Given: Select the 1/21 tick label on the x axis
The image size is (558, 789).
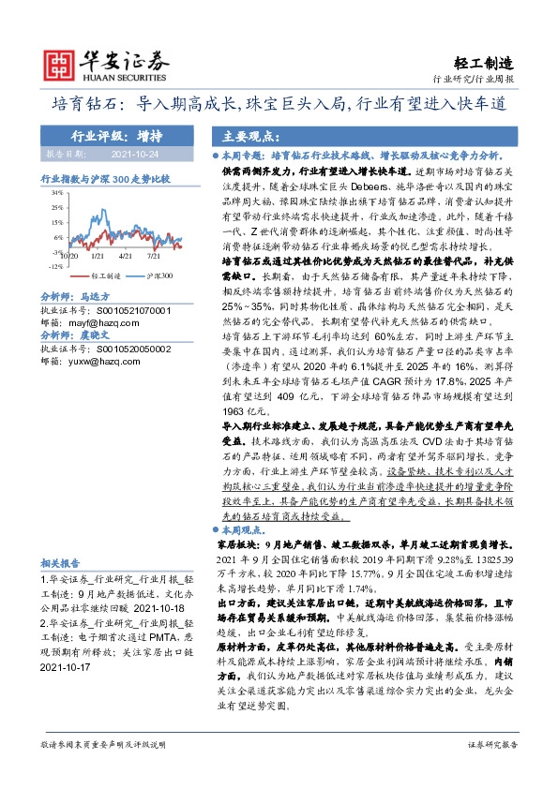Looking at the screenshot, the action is (x=98, y=254).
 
